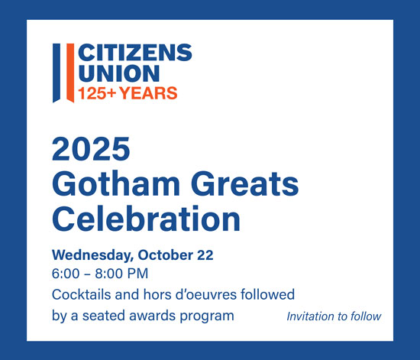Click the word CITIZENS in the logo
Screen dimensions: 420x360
135,52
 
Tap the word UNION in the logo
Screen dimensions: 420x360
119,73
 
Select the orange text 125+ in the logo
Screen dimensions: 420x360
97,93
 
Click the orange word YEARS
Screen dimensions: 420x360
148,93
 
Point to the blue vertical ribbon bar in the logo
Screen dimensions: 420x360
57,73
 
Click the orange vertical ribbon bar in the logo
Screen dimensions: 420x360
70,73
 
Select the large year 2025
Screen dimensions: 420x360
91,149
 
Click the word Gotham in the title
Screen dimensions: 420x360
116,183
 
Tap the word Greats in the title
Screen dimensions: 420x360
245,183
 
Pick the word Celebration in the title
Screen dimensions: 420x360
147,218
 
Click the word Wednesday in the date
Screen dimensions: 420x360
92,255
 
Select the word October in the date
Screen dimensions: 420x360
165,255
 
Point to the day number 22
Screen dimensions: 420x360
205,255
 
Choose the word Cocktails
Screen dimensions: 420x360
82,294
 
